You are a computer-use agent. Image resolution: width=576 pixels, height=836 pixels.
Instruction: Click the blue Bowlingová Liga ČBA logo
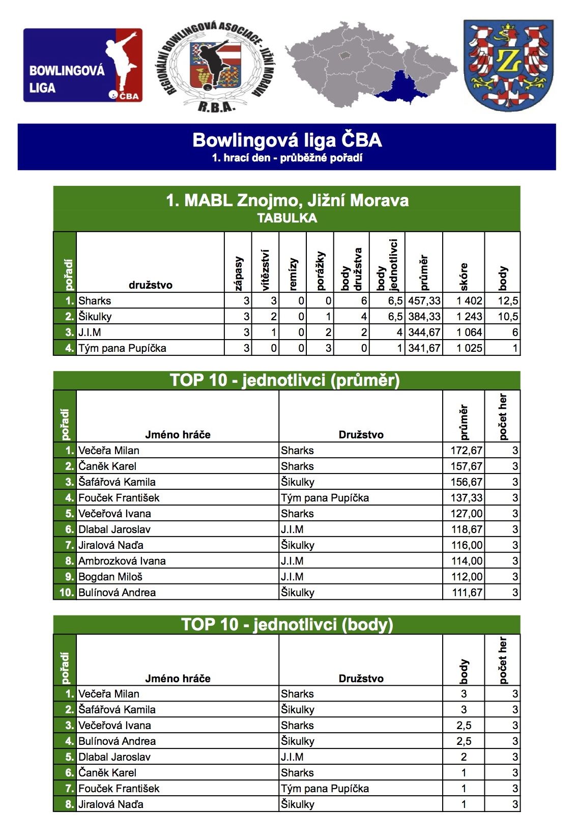pyautogui.click(x=83, y=65)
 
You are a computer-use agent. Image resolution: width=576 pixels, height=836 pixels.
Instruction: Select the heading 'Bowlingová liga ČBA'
pyautogui.click(x=287, y=140)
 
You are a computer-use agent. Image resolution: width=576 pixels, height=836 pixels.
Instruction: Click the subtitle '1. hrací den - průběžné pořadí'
pyautogui.click(x=287, y=158)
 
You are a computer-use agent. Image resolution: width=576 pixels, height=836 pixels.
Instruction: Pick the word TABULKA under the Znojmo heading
pyautogui.click(x=287, y=218)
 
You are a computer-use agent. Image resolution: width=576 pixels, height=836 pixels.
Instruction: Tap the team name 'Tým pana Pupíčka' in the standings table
pyautogui.click(x=122, y=348)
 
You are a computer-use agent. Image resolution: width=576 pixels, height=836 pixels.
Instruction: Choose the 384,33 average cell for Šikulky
pyautogui.click(x=424, y=316)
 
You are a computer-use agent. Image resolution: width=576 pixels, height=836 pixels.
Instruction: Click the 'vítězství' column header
pyautogui.click(x=265, y=270)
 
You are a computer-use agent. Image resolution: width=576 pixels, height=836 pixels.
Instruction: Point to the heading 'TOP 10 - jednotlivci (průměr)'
pyautogui.click(x=285, y=380)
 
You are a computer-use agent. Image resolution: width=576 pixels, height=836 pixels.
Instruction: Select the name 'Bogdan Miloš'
pyautogui.click(x=110, y=576)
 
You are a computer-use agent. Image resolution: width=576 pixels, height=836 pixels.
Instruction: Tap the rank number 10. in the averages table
pyautogui.click(x=67, y=592)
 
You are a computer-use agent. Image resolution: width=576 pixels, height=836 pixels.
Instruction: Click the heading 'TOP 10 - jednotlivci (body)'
pyautogui.click(x=287, y=625)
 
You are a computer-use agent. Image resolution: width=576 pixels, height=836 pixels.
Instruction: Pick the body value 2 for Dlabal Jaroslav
pyautogui.click(x=464, y=757)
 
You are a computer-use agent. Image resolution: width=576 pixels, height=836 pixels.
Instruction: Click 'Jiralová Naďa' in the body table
pyautogui.click(x=111, y=804)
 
